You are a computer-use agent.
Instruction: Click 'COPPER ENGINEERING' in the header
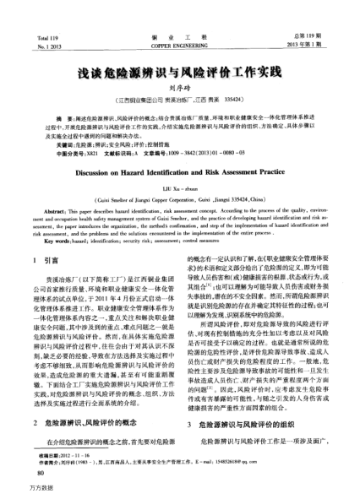point(179,24)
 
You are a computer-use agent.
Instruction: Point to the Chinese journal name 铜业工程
point(179,15)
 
